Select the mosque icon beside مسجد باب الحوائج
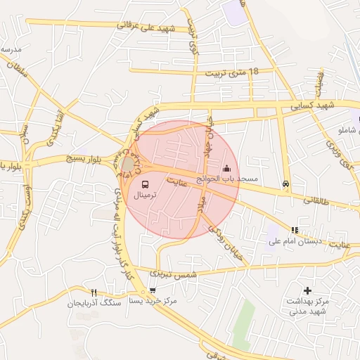tap(226, 168)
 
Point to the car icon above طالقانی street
tap(285, 184)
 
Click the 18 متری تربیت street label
tap(231, 72)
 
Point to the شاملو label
tap(349, 131)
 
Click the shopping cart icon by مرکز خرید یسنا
tap(152, 290)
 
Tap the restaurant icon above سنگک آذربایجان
tap(94, 292)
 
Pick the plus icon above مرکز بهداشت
tap(307, 290)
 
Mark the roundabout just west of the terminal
tap(127, 165)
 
